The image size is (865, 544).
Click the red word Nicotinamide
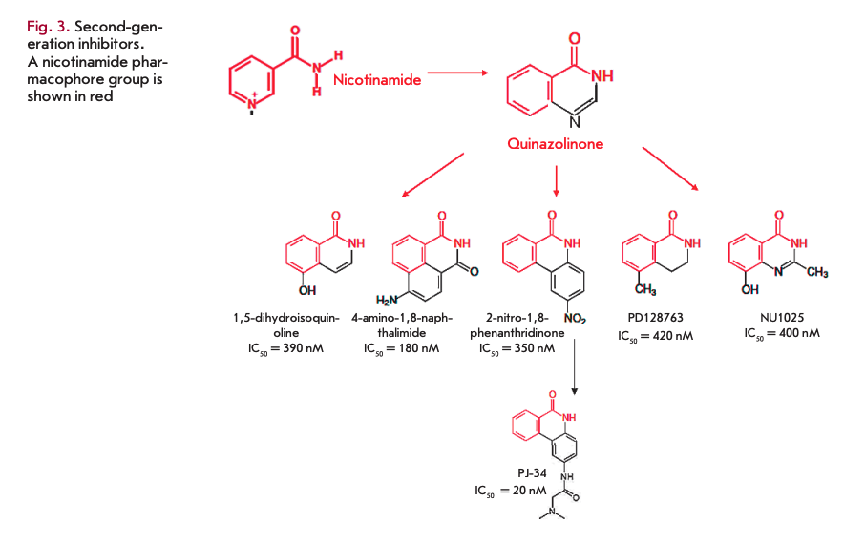[x=376, y=81]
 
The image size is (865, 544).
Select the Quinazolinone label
[x=555, y=144]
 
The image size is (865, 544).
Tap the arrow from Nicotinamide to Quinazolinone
[x=457, y=72]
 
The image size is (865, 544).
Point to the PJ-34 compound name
[x=525, y=472]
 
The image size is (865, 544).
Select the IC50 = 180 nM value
[x=401, y=348]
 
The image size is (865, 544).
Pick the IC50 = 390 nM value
[x=286, y=348]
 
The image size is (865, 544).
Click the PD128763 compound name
[x=656, y=318]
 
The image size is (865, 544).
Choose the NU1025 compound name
[x=780, y=318]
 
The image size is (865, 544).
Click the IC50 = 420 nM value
[x=656, y=335]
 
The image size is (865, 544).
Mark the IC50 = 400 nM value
[x=781, y=333]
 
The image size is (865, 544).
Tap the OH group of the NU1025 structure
[x=750, y=288]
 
